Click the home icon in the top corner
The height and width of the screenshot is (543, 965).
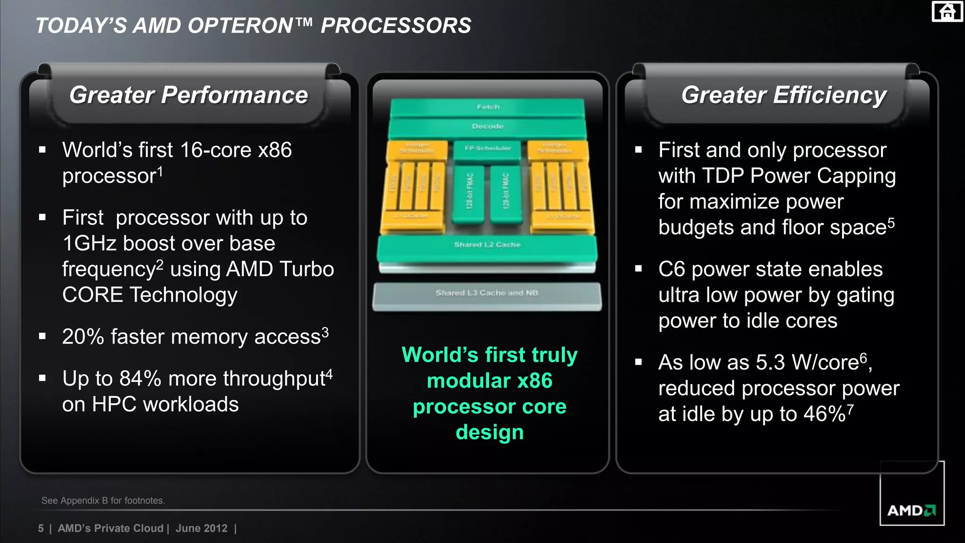pos(947,11)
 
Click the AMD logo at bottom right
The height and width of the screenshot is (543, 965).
pos(911,510)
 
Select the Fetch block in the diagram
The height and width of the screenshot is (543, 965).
pos(488,107)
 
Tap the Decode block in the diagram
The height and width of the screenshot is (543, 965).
pos(488,126)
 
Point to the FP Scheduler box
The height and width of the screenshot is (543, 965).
pos(488,148)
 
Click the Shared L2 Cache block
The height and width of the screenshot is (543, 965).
pos(487,245)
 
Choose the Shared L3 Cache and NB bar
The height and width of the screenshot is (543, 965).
pos(487,293)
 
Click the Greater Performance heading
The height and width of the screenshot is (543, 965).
pos(188,95)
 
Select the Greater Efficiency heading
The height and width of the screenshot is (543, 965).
pos(784,95)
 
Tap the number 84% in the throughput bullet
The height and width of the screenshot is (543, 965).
pos(140,379)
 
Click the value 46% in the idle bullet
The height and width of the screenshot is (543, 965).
pos(824,414)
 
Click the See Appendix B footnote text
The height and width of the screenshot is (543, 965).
pos(103,501)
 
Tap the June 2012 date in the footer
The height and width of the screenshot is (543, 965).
pos(201,528)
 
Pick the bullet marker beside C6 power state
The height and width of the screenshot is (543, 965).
pos(638,269)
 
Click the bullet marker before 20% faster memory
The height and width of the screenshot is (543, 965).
pos(42,337)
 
